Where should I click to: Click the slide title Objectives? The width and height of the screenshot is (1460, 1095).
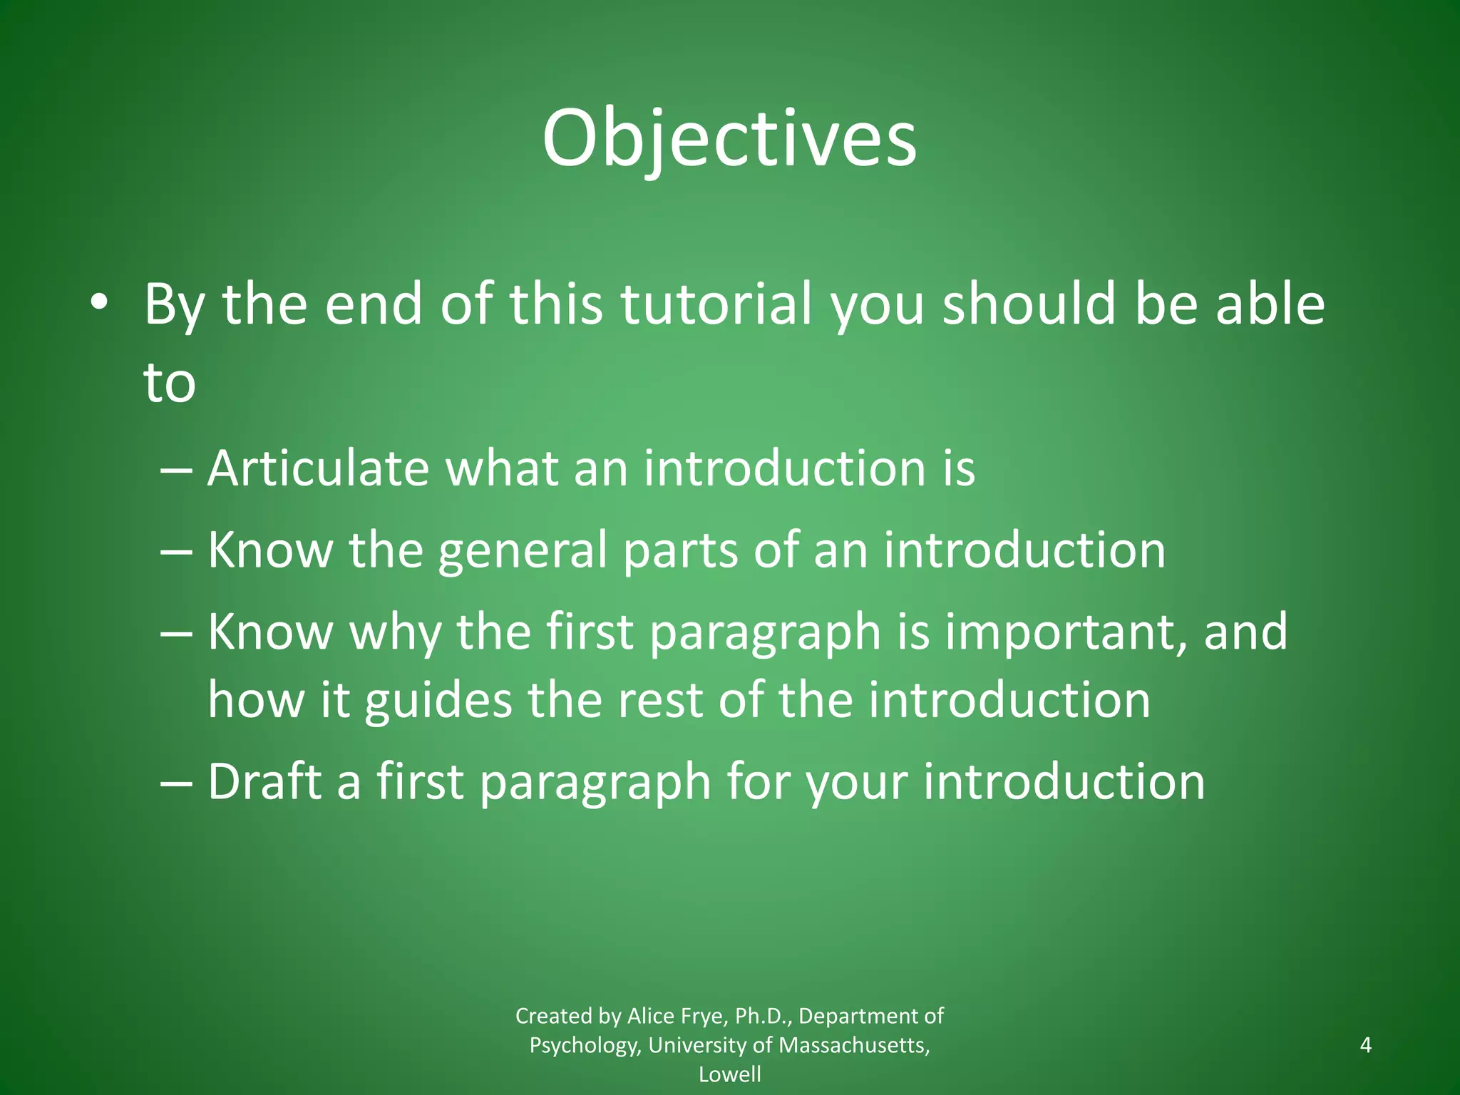tap(729, 139)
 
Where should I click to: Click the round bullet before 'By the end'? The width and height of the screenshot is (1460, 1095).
tap(99, 304)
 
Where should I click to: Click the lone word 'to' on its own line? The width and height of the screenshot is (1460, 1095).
tap(170, 384)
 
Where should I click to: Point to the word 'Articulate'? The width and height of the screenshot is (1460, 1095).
tap(318, 469)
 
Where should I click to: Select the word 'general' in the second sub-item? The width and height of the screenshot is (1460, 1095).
tap(522, 551)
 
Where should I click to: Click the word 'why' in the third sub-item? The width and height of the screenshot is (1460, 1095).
tap(394, 633)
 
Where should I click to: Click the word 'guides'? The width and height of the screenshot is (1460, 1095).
tap(438, 701)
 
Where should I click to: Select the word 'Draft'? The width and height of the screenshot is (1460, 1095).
tap(264, 782)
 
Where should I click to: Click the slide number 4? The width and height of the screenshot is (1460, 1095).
tap(1366, 1045)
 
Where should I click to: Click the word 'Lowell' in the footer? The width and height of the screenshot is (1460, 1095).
tap(729, 1074)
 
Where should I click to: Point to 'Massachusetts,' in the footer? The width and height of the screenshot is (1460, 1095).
tap(854, 1045)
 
